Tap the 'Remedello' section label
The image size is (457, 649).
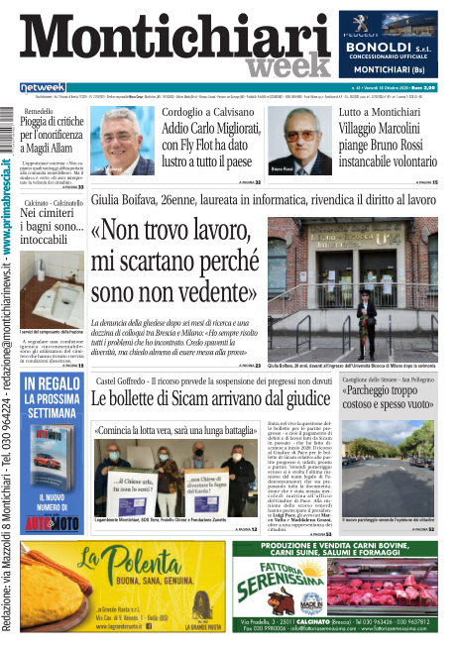[40, 111]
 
